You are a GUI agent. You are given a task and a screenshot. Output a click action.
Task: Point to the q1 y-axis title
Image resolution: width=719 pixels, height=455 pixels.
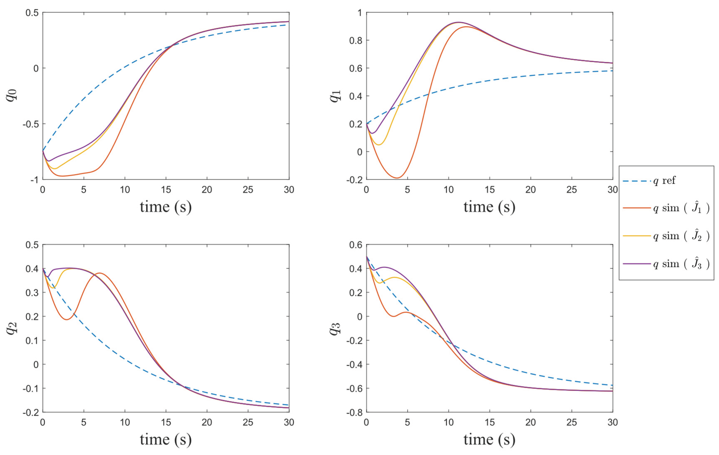click(336, 96)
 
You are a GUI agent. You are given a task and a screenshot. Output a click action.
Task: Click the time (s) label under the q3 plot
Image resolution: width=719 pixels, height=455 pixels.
click(489, 439)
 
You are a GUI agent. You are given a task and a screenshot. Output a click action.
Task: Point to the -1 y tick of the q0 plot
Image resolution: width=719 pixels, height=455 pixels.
click(34, 180)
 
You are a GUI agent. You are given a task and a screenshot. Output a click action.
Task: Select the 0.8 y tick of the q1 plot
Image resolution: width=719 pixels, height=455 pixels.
click(356, 40)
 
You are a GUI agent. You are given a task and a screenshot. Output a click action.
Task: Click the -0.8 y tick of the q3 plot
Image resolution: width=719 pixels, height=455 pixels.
click(354, 412)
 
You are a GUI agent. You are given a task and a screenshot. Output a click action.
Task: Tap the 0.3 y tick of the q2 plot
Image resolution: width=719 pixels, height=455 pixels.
click(32, 292)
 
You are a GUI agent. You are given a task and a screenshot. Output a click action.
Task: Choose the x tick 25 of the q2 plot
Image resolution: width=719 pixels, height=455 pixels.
click(248, 422)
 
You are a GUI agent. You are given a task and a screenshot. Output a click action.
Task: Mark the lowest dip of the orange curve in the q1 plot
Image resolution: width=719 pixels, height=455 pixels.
click(397, 178)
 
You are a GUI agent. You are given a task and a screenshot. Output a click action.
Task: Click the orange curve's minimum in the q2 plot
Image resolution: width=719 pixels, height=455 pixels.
click(67, 320)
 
